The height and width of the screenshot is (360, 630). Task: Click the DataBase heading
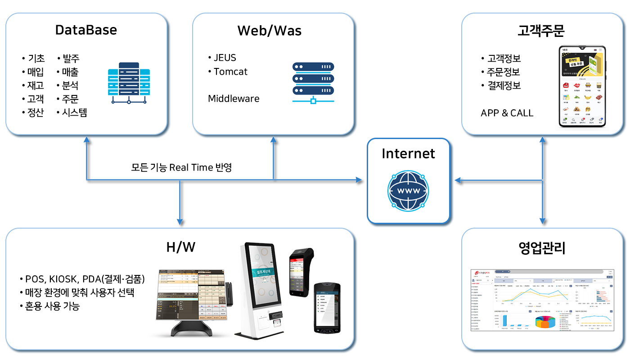click(x=86, y=30)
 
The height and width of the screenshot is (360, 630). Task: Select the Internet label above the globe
click(x=408, y=153)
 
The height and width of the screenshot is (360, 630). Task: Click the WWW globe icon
click(x=408, y=191)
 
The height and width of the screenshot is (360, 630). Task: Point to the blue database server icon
click(x=129, y=83)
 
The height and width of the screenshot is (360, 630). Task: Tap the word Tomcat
click(x=230, y=72)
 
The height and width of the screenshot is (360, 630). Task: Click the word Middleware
click(x=234, y=99)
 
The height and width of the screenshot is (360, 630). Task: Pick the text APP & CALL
click(x=507, y=113)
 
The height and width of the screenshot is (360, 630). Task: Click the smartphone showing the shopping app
click(x=581, y=86)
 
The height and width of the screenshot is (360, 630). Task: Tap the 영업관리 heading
click(x=541, y=247)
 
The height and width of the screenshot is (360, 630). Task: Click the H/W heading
click(x=180, y=247)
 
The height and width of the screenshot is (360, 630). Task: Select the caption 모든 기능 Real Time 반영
click(x=181, y=167)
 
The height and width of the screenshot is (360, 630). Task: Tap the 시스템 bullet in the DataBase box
click(x=75, y=112)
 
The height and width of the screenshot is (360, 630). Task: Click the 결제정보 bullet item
click(x=504, y=85)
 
